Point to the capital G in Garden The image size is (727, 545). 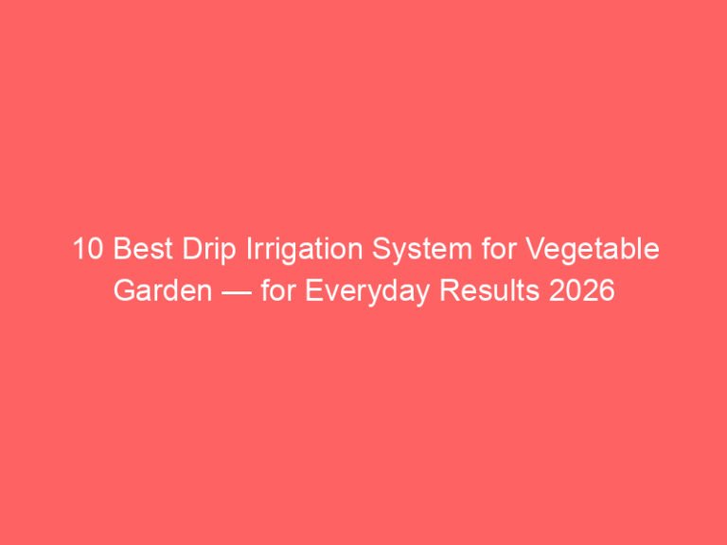(x=124, y=290)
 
